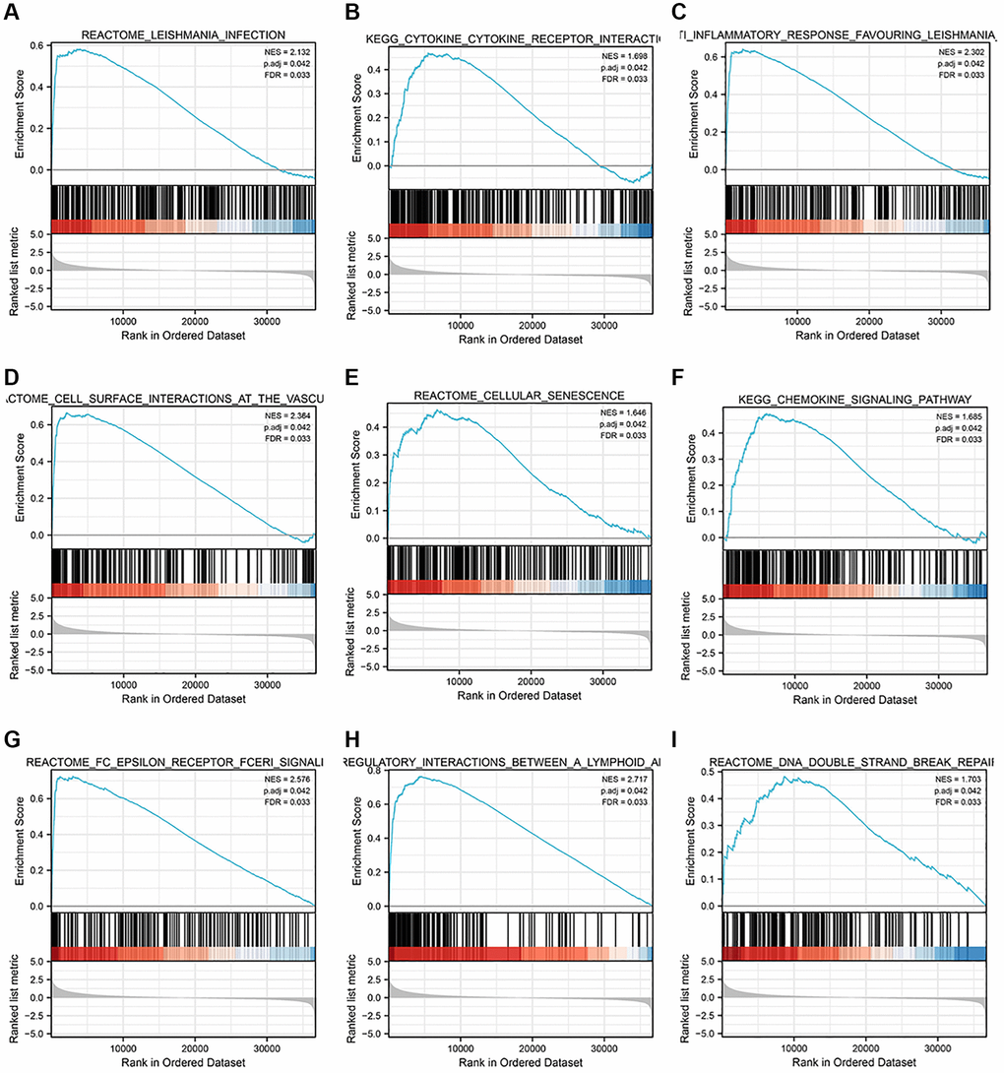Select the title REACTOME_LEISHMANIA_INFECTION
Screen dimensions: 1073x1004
(x=182, y=35)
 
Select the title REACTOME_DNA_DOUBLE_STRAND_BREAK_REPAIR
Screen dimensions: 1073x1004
(x=854, y=761)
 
